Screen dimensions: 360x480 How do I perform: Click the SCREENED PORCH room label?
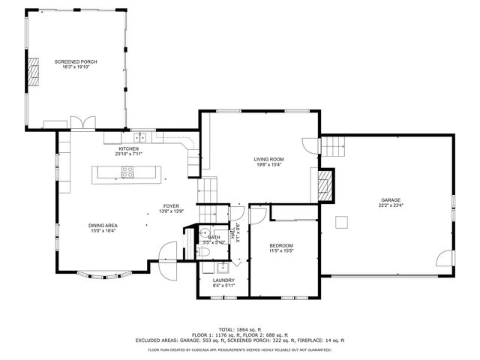pos(75,61)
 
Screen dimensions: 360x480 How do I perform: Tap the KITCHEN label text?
pos(128,148)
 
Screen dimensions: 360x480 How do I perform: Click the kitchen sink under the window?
pos(139,137)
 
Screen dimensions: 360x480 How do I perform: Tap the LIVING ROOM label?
pos(268,159)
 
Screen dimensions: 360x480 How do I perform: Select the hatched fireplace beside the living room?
pos(325,184)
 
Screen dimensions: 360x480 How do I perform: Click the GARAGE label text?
pos(390,199)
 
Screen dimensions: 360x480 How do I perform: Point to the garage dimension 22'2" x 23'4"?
pos(390,205)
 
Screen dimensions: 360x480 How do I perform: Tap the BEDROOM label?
pos(281,246)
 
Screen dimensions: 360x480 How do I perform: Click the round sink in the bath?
pos(204,232)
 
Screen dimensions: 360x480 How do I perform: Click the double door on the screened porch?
pos(82,122)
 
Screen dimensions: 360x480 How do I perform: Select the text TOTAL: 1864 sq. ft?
pos(239,329)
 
